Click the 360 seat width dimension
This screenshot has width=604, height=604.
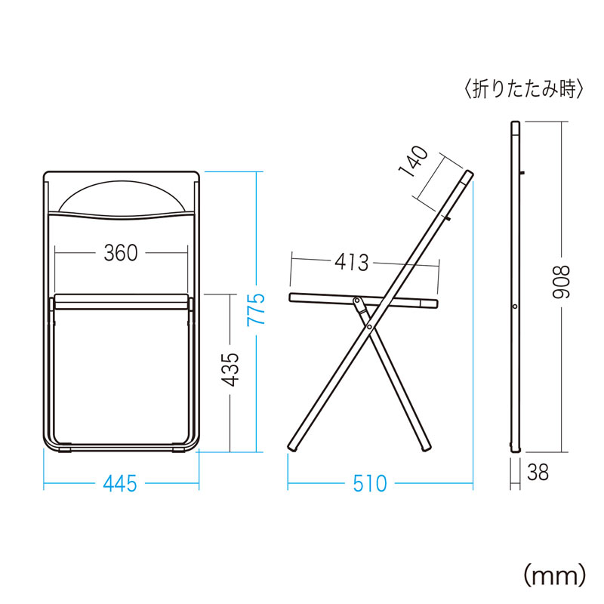tap(121, 253)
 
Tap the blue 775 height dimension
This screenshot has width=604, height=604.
tap(256, 309)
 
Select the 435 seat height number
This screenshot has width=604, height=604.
tap(230, 369)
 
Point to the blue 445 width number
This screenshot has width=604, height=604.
tap(120, 483)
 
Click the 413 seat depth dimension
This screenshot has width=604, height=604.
tap(352, 263)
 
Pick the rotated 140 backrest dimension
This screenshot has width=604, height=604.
tap(413, 161)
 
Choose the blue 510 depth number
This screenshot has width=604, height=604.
tap(370, 483)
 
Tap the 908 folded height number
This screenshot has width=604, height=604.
tap(560, 282)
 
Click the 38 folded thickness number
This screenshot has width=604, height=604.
tap(538, 473)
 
